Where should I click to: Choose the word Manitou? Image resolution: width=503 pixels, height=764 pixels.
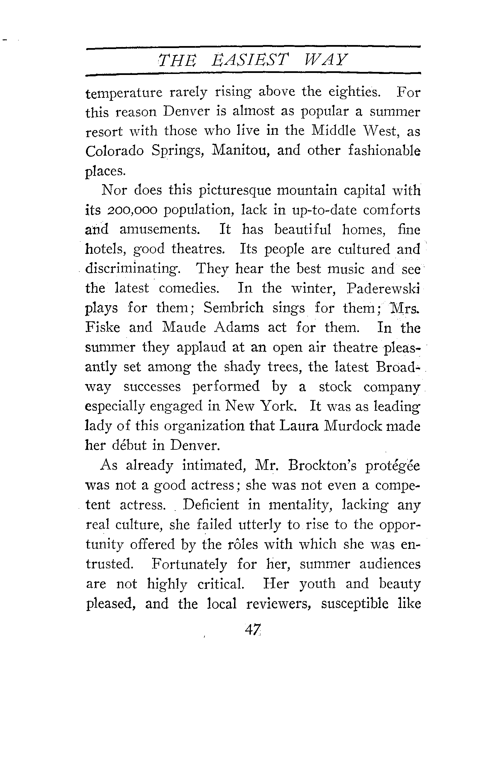[241, 151]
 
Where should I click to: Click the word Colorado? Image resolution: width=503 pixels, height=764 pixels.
[115, 151]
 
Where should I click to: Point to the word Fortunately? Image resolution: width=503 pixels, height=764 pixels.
[189, 564]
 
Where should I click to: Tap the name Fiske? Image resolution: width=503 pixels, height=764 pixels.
[103, 327]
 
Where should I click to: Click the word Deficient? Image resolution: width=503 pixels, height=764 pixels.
[212, 505]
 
